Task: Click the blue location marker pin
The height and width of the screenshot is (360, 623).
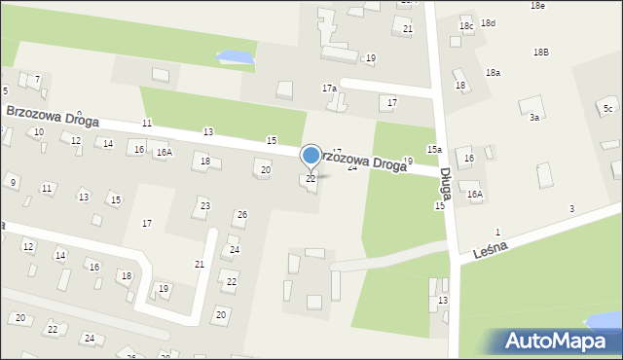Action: click(311, 156)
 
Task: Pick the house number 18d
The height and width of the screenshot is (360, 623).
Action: click(488, 23)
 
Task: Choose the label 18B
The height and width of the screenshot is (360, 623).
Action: click(540, 52)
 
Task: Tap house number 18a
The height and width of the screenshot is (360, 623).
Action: click(494, 73)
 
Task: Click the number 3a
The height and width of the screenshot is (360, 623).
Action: click(534, 117)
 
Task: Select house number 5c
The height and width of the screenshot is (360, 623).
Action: click(607, 108)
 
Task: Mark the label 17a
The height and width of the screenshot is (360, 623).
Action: click(330, 89)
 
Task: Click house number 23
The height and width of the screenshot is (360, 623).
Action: click(204, 205)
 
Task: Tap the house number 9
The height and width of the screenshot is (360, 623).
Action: click(13, 182)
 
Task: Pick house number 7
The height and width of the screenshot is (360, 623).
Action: click(37, 79)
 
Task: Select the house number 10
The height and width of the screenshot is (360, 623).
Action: click(39, 131)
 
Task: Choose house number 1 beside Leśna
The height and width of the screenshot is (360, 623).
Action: click(497, 232)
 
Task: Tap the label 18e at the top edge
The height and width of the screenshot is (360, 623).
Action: click(537, 5)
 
